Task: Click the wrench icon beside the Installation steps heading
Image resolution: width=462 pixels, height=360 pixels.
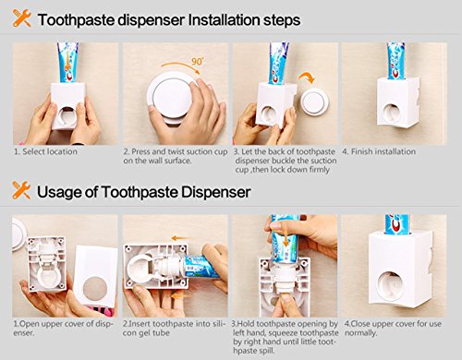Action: pos(22,18)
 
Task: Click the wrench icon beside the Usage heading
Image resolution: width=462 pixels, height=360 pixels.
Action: pos(21,190)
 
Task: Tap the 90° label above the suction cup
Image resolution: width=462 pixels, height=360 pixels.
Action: pos(198,61)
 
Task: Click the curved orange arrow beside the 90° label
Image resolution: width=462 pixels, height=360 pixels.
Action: pos(180,66)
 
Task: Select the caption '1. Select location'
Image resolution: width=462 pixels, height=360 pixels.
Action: pos(45,151)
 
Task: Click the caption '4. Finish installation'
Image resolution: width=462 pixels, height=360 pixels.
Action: pos(379,151)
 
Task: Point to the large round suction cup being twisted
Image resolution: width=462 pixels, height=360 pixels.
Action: pos(173,95)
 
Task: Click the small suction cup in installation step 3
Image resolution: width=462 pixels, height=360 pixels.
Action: pos(313,102)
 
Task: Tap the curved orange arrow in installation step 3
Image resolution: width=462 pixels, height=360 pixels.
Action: pos(307,78)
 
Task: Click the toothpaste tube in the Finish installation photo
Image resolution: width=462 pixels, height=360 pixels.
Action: pos(395,61)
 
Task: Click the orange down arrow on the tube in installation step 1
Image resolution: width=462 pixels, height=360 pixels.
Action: pos(67,62)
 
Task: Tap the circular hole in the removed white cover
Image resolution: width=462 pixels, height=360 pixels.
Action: pos(95,288)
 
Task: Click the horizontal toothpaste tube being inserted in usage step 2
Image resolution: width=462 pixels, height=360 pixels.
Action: pos(201,267)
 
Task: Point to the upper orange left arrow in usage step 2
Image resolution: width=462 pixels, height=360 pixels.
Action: pos(181,238)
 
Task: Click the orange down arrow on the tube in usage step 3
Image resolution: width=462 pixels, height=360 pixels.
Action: pos(286,237)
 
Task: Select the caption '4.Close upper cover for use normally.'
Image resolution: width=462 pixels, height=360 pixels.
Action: pos(393,329)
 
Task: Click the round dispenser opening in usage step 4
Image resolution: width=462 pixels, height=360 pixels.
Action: pos(391,286)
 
